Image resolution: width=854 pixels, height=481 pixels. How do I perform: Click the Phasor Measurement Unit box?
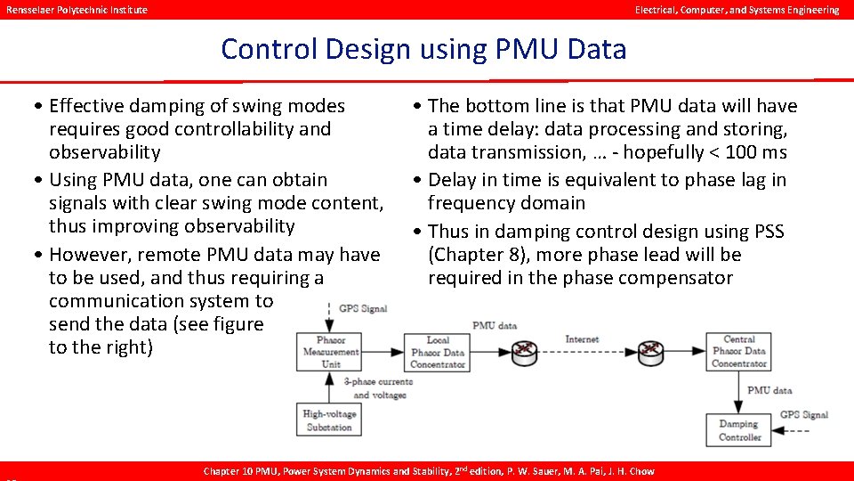click(331, 352)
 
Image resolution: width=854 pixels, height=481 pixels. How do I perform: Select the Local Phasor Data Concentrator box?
click(438, 352)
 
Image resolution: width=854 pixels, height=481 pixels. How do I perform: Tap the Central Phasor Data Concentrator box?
click(738, 351)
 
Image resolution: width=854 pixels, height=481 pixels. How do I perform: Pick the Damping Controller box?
click(739, 430)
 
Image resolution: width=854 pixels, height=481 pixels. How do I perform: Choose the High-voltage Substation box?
click(329, 420)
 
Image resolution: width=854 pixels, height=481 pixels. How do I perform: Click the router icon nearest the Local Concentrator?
click(527, 351)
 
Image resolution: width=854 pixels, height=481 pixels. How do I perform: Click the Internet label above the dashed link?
click(582, 339)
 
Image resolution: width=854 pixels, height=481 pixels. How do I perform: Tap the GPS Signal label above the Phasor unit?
click(363, 309)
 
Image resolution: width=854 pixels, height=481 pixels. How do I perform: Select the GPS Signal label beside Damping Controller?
click(803, 415)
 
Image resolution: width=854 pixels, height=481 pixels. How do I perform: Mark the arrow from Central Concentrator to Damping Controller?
click(738, 390)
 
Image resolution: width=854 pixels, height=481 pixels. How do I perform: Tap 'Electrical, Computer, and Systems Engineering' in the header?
click(737, 10)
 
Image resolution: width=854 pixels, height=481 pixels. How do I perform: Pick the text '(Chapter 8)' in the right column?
click(473, 255)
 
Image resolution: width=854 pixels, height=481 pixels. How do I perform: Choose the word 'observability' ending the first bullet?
click(105, 152)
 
